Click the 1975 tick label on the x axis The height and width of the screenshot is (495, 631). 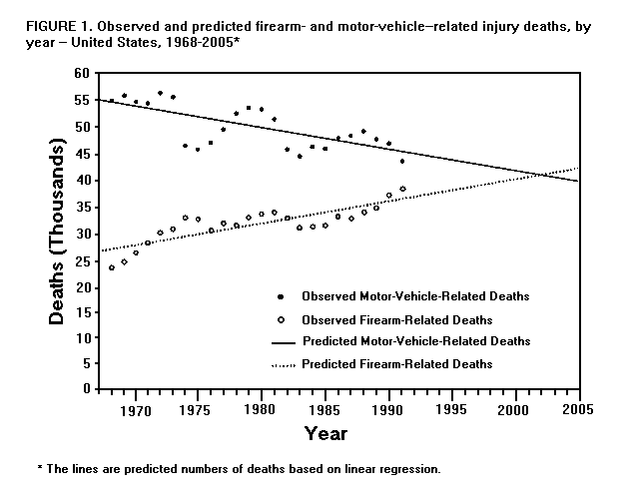pos(198,408)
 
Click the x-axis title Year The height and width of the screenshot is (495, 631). pos(325,434)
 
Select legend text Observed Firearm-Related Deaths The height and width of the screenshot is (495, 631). pos(396,320)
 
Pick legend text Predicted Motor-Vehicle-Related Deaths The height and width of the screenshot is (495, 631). pos(414,341)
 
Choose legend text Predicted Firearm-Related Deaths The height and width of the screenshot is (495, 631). pos(397,364)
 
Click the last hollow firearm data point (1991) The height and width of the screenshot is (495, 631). pos(402,189)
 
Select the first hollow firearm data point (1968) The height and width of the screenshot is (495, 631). pos(111,267)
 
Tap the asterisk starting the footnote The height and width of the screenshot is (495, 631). pos(39,467)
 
